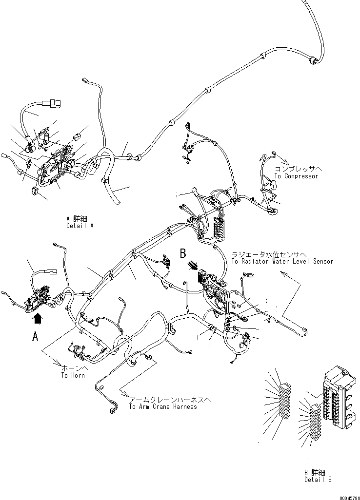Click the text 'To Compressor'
296,176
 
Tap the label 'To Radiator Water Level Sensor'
282,262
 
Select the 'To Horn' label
73,375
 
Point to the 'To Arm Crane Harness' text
163,406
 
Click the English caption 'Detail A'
80,226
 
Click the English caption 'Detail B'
318,479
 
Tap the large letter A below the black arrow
36,336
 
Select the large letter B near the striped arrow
183,254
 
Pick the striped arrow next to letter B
192,265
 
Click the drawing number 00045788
349,498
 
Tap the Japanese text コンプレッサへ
299,169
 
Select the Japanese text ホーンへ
74,368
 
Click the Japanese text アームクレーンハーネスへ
170,400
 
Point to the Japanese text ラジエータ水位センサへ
269,254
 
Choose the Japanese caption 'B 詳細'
315,472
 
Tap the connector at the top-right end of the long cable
313,60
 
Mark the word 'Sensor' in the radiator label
323,262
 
